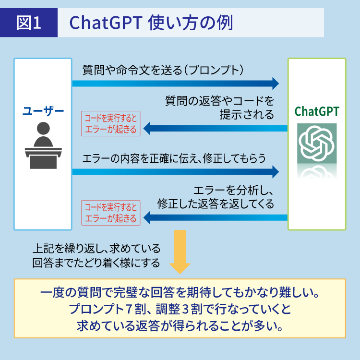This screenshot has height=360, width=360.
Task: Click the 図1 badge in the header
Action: click(30, 23)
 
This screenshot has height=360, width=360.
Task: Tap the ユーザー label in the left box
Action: click(43, 112)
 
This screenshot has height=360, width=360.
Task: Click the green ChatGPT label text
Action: click(316, 112)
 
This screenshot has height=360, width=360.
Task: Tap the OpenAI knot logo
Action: click(316, 143)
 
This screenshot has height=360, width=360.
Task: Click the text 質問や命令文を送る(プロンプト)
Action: click(163, 69)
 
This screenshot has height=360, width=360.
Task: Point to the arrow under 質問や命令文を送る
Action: click(175, 84)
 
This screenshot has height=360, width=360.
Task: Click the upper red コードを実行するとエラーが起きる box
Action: click(111, 123)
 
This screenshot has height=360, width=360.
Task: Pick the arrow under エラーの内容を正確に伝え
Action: click(175, 171)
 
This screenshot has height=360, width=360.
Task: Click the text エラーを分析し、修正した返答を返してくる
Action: click(216, 197)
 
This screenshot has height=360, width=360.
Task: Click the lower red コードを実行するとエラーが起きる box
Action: click(111, 213)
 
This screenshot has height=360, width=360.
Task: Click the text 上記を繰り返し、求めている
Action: click(96, 250)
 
